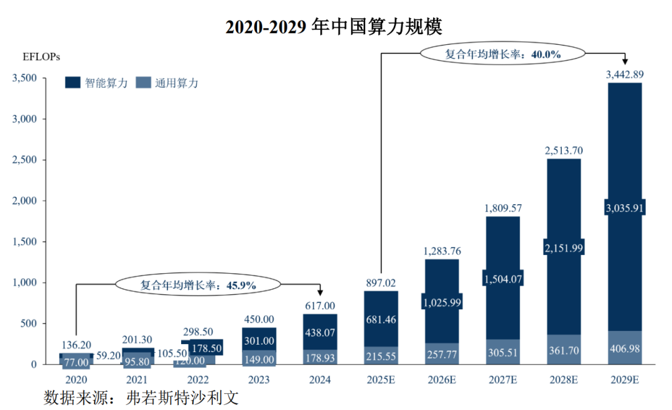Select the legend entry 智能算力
(96, 83)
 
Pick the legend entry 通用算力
(167, 83)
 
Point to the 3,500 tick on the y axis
(24, 78)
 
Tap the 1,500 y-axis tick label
(24, 241)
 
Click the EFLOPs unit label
(41, 57)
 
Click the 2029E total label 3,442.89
(624, 74)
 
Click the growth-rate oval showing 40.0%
(503, 54)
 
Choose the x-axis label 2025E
(381, 380)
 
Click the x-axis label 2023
(259, 380)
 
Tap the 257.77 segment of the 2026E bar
(442, 355)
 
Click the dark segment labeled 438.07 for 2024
(320, 333)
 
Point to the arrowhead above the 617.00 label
(320, 292)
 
